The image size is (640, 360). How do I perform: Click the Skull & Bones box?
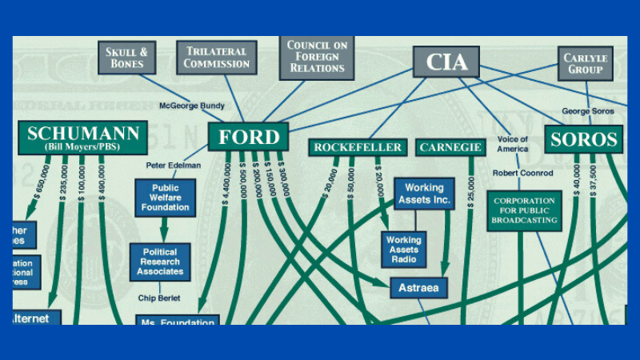[x=126, y=58]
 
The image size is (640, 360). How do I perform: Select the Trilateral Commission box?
[x=216, y=58]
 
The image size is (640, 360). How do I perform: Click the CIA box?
[x=446, y=62]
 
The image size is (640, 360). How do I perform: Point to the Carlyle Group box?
[x=585, y=63]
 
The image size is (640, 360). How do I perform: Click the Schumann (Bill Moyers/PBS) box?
[x=82, y=138]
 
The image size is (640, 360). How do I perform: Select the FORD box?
[x=248, y=136]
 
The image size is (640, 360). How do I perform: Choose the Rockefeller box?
[x=358, y=148]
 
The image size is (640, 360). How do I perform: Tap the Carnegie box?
[x=450, y=148]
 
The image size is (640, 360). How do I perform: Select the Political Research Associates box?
[x=160, y=262]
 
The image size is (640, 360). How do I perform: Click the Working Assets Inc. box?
[x=424, y=194]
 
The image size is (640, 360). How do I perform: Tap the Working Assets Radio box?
[x=404, y=250]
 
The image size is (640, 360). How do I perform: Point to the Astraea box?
[x=419, y=286]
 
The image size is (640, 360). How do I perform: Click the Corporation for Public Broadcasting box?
[x=524, y=210]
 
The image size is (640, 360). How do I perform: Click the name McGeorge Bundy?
[x=193, y=106]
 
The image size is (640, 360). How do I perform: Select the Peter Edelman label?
[x=172, y=166]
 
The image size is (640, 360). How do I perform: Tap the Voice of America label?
[x=512, y=144]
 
